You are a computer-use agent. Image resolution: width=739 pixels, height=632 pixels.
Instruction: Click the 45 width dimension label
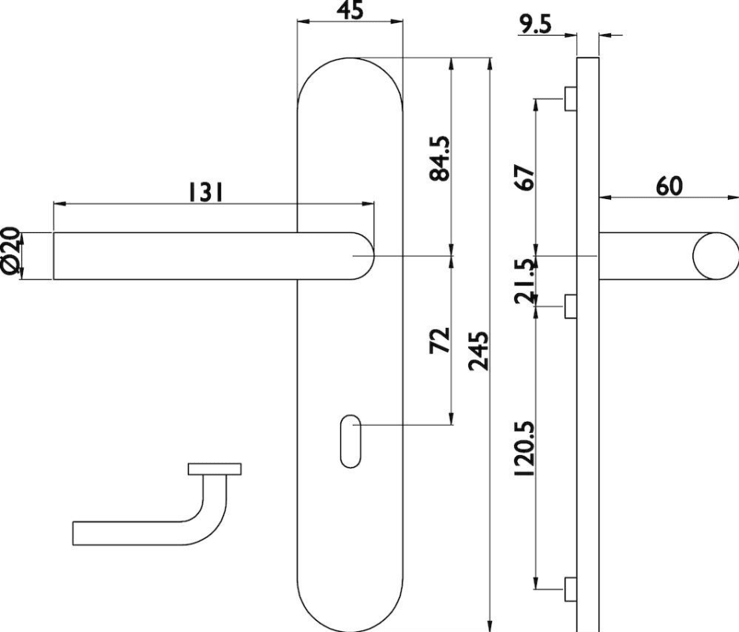click(351, 10)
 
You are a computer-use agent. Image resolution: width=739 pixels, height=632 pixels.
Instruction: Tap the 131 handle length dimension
click(205, 193)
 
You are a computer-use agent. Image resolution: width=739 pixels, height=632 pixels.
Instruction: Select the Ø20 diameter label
click(11, 250)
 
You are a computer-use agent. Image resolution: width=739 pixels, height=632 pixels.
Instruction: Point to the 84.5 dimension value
click(440, 159)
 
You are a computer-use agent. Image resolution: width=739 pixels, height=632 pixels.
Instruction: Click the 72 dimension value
click(440, 340)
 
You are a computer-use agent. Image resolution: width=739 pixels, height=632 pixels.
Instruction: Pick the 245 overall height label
click(478, 351)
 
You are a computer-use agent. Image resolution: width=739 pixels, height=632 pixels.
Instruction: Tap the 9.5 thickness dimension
click(535, 24)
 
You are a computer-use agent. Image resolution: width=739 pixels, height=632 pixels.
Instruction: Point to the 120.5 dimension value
click(524, 449)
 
